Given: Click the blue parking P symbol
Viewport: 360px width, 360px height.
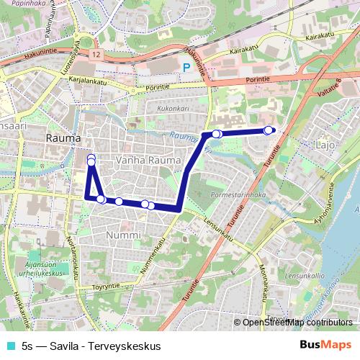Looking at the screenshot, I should coord(186,68).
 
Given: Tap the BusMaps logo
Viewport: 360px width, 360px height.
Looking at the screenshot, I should coord(326,345).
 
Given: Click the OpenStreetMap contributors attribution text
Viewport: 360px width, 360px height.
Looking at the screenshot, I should coord(297,323).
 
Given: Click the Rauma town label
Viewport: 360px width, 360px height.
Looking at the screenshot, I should coord(57,136).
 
